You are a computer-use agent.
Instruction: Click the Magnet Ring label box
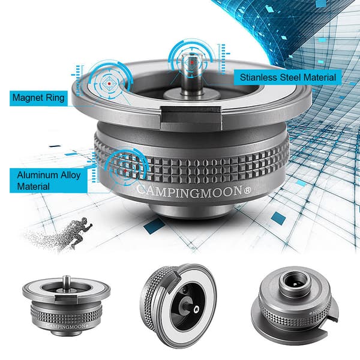[38, 98]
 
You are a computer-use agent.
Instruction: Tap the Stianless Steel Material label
[287, 77]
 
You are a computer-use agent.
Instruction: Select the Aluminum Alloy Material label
[49, 181]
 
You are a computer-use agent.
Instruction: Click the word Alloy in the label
[70, 175]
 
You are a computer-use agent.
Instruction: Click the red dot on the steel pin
[192, 62]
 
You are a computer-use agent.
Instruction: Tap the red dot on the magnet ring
[109, 83]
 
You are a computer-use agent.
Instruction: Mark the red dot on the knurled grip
[125, 171]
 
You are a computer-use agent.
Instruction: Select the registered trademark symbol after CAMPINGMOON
[247, 191]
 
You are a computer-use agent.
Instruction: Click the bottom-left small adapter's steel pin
[66, 281]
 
